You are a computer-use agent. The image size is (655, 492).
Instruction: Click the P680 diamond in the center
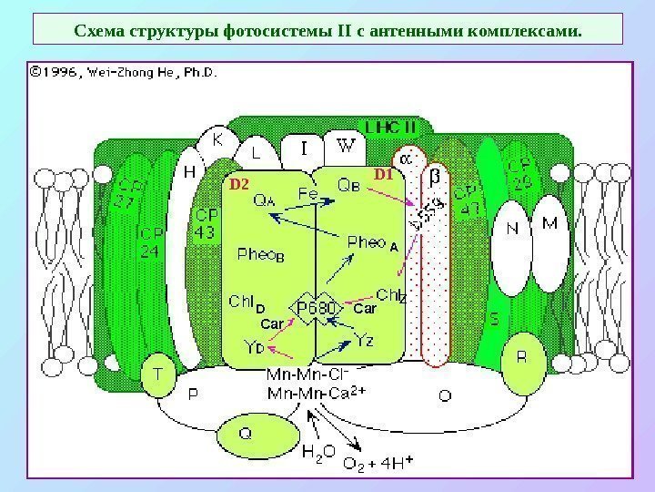pyautogui.click(x=316, y=309)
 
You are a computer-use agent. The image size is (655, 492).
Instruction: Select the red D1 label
pyautogui.click(x=382, y=173)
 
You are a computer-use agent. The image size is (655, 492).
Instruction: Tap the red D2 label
pyautogui.click(x=238, y=184)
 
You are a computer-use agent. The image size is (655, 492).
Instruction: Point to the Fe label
pyautogui.click(x=308, y=193)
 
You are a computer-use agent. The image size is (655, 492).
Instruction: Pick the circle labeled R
pyautogui.click(x=521, y=358)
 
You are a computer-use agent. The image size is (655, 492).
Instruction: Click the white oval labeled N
pyautogui.click(x=512, y=230)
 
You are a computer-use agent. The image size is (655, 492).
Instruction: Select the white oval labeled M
pyautogui.click(x=549, y=223)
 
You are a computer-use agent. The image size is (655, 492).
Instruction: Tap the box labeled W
pyautogui.click(x=346, y=146)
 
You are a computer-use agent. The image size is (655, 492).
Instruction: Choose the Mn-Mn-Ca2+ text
pyautogui.click(x=315, y=394)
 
